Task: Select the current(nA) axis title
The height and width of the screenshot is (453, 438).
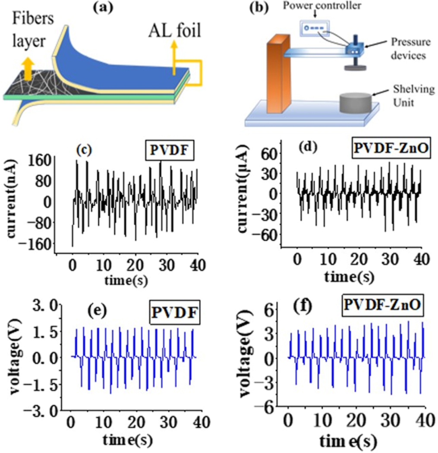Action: coord(10,201)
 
